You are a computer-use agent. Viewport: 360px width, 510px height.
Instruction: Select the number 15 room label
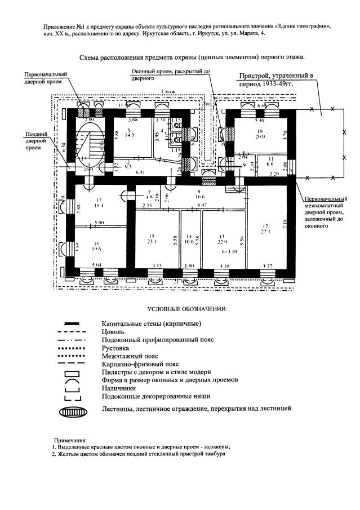151,235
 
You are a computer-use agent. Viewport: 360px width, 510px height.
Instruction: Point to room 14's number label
190,236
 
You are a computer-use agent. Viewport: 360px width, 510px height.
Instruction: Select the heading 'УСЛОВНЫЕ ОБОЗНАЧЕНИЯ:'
186,309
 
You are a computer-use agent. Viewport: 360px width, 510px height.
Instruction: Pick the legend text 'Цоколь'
113,332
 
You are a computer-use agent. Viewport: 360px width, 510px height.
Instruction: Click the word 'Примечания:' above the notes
70,438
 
